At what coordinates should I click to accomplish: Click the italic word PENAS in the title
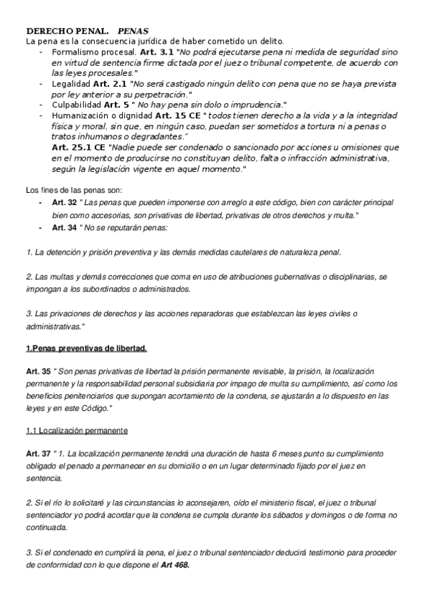point(133,32)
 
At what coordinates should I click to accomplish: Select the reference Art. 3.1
point(156,52)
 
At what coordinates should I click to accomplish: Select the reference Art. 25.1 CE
point(80,147)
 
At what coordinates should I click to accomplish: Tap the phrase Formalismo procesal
point(93,52)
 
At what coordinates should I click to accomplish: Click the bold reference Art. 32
point(64,203)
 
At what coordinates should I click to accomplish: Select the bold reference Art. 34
point(64,227)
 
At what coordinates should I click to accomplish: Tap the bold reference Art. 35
point(37,373)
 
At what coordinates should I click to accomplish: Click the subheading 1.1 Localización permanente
point(77,431)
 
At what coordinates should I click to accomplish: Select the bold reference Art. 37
point(37,455)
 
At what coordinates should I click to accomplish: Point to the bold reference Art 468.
point(175,564)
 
